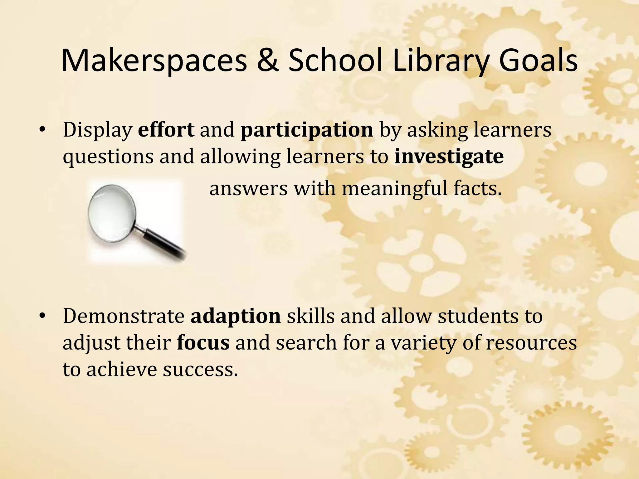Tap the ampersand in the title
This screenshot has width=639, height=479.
click(271, 61)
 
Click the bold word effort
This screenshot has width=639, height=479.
click(166, 130)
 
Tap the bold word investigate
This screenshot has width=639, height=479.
click(449, 156)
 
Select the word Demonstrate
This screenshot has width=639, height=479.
click(124, 316)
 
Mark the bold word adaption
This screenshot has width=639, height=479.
click(236, 316)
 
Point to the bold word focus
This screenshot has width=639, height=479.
click(203, 343)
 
